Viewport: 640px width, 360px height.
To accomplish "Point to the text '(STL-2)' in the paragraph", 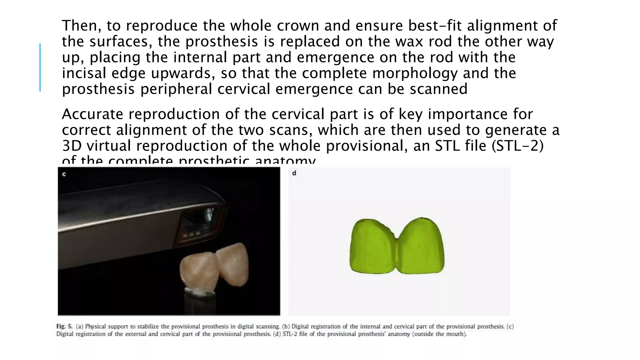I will coord(517,146).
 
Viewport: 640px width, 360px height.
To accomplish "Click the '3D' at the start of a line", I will coord(71,146).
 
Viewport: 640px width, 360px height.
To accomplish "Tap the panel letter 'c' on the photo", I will coord(64,174).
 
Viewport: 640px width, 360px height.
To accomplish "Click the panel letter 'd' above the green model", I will coord(294,173).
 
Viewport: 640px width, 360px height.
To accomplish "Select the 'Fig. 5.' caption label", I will coord(64,327).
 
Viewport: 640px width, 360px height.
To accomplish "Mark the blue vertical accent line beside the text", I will coord(40,67).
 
